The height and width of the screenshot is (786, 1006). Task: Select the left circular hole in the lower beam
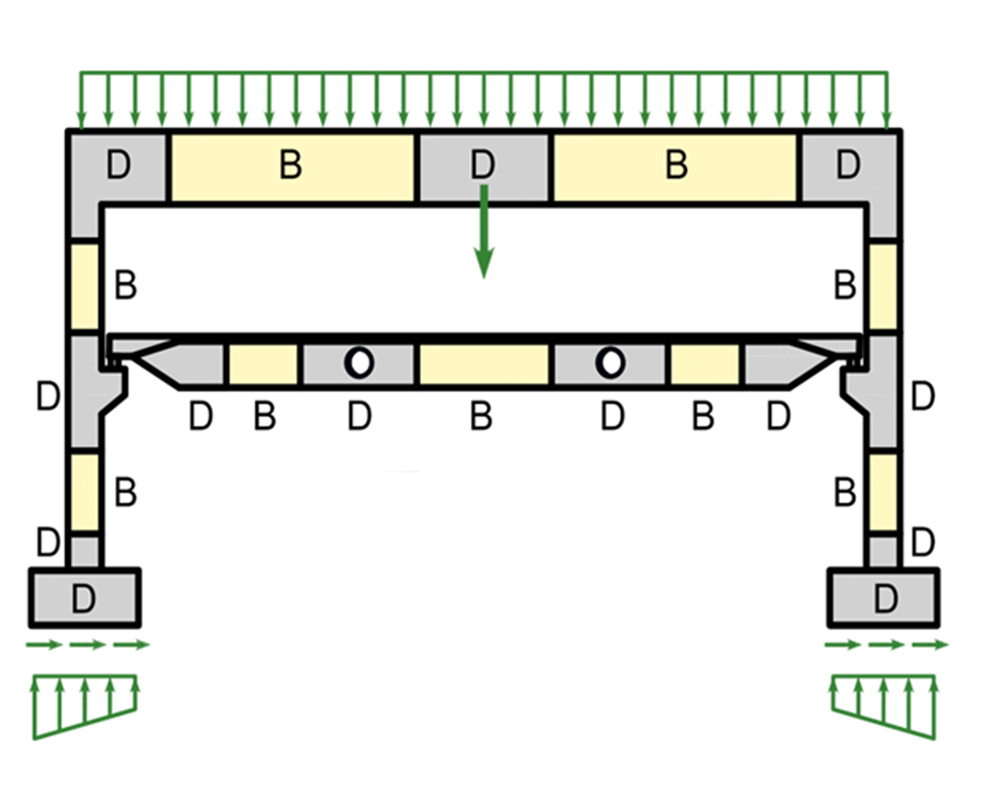pyautogui.click(x=360, y=362)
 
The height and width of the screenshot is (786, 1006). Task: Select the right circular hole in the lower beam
pyautogui.click(x=610, y=362)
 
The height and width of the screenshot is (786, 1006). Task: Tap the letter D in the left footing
pyautogui.click(x=83, y=599)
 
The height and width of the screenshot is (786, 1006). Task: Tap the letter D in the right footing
pyautogui.click(x=886, y=599)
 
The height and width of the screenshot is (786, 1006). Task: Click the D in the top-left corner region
pyautogui.click(x=118, y=166)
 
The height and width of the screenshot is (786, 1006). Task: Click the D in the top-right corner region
pyautogui.click(x=847, y=166)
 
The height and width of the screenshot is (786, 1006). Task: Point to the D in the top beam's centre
pyautogui.click(x=482, y=166)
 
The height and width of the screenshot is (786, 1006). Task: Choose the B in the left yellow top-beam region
pyautogui.click(x=290, y=166)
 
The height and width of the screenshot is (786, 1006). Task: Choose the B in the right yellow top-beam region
pyautogui.click(x=676, y=166)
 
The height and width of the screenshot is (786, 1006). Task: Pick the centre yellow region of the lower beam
pyautogui.click(x=483, y=364)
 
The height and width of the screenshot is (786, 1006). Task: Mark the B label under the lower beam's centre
pyautogui.click(x=481, y=417)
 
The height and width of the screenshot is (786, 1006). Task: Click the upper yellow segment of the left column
pyautogui.click(x=85, y=285)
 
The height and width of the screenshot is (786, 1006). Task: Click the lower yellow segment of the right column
pyautogui.click(x=883, y=492)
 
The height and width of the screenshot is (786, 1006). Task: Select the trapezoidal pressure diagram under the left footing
pyautogui.click(x=85, y=703)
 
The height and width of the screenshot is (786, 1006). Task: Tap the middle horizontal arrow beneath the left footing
pyautogui.click(x=86, y=645)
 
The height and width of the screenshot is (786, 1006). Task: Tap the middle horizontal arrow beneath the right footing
pyautogui.click(x=886, y=645)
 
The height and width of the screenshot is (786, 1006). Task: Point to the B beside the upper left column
pyautogui.click(x=126, y=285)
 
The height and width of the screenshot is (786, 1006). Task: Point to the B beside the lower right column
pyautogui.click(x=845, y=493)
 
